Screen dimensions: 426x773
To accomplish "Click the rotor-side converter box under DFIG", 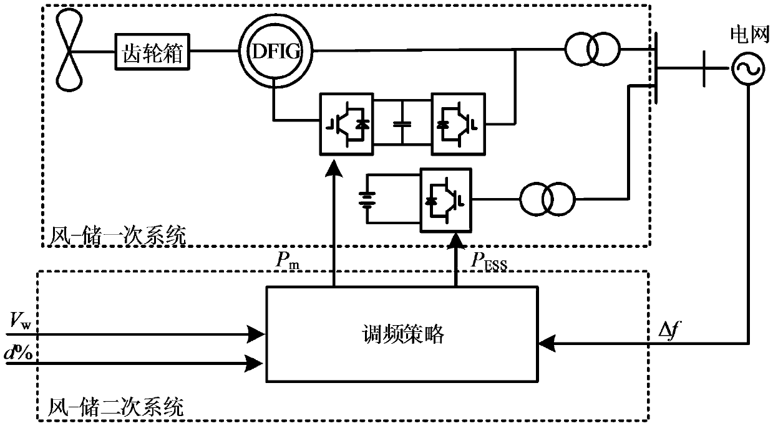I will [346, 123].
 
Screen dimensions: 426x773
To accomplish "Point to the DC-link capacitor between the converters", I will [403, 123].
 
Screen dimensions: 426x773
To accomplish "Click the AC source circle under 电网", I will [747, 68].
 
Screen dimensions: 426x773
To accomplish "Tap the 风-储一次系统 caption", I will [117, 236].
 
